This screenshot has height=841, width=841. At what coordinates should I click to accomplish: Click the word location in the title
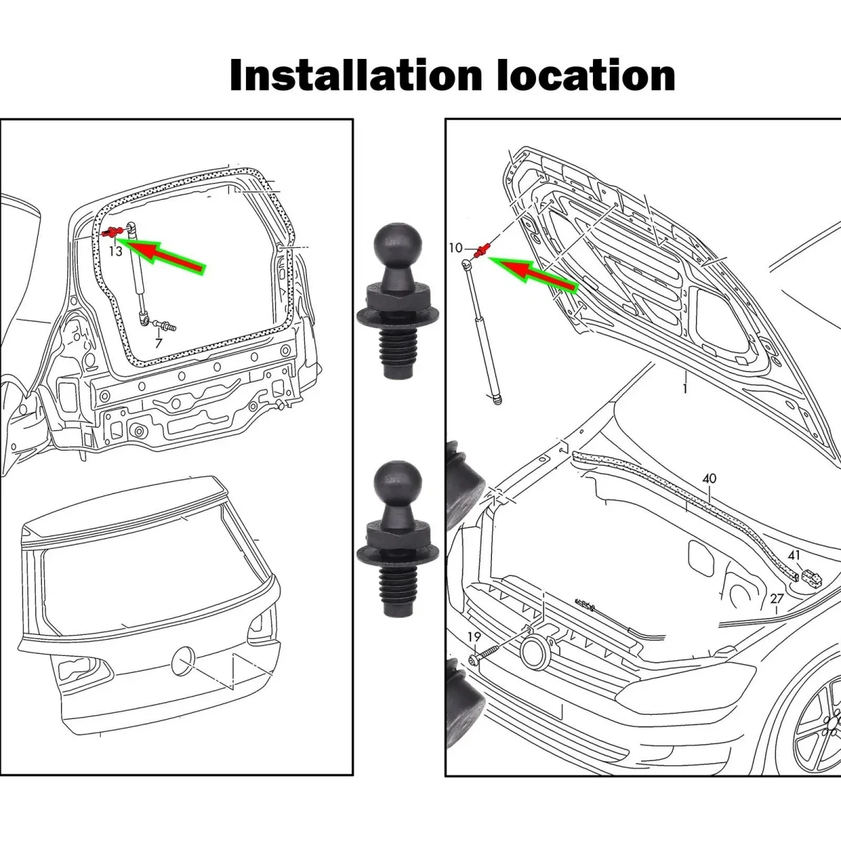click(586, 76)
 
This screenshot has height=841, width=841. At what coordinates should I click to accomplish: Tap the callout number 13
click(115, 250)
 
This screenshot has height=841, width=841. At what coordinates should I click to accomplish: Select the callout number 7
click(158, 343)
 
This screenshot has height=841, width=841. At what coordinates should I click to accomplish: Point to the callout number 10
click(456, 248)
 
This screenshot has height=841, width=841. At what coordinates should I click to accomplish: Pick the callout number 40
click(709, 479)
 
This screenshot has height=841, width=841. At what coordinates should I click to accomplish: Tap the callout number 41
click(793, 556)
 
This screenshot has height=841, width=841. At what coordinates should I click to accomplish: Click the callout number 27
click(777, 599)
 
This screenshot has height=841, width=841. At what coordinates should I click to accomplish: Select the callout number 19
click(474, 637)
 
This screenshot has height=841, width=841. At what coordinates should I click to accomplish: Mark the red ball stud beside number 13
click(111, 232)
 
